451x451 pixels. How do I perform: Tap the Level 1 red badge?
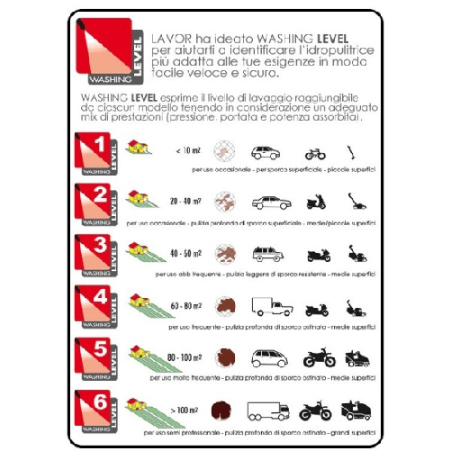pyautogui.click(x=100, y=153)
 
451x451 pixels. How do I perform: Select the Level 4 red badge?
pyautogui.click(x=100, y=307)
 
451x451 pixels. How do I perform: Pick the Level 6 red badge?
pyautogui.click(x=100, y=410)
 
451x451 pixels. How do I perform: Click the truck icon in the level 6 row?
pyautogui.click(x=268, y=410)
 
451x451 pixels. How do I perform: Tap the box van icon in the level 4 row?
pyautogui.click(x=268, y=307)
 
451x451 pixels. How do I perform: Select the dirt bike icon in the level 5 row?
pyautogui.click(x=320, y=358)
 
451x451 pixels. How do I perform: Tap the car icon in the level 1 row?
pyautogui.click(x=266, y=152)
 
